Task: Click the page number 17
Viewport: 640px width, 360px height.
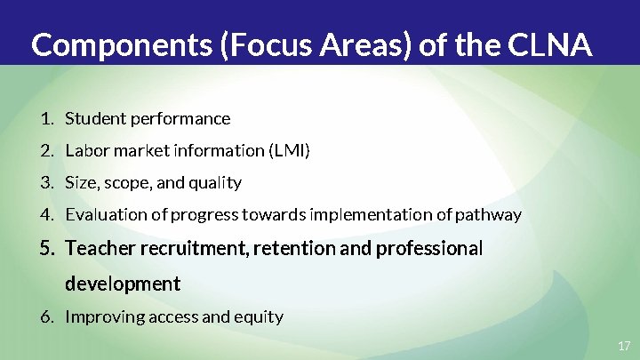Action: click(623, 345)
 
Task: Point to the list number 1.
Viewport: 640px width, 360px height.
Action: click(46, 118)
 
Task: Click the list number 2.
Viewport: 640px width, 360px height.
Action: click(46, 150)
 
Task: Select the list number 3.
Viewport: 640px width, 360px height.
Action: click(46, 182)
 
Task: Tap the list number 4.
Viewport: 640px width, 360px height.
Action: click(46, 214)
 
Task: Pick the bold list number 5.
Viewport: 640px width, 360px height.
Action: click(47, 248)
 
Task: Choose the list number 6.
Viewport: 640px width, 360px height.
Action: click(46, 316)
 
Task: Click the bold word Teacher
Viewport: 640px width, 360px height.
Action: click(99, 248)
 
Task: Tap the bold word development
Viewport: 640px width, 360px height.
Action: click(123, 284)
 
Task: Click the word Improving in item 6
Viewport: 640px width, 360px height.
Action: click(100, 316)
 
